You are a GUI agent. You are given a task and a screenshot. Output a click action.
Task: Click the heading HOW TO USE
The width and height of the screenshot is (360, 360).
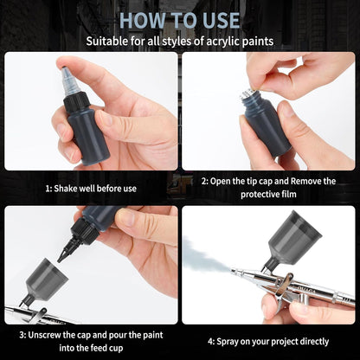point(179,20)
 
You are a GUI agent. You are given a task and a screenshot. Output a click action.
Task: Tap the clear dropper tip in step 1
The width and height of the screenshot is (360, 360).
point(69,80)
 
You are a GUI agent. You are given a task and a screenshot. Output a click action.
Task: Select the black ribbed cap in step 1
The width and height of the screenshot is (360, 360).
point(76,102)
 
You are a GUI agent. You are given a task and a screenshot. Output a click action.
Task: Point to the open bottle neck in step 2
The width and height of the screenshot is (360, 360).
point(251,97)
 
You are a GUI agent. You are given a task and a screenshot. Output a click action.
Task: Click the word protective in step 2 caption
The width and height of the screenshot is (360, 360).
point(257,194)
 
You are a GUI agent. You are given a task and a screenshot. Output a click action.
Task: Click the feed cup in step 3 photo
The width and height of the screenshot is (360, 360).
point(46,279)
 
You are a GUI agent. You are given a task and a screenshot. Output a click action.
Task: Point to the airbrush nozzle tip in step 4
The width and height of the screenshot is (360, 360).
point(233,270)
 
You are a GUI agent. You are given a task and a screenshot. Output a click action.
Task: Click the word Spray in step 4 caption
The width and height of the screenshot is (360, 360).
point(228,342)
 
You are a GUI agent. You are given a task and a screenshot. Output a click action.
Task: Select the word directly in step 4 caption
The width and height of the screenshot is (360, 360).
point(314,342)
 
